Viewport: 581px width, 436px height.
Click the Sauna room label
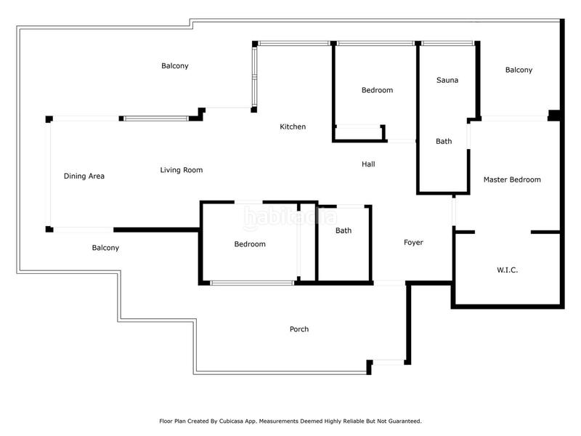click(x=447, y=80)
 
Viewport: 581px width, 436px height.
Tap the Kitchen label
click(x=293, y=126)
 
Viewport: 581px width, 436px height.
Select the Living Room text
click(x=182, y=170)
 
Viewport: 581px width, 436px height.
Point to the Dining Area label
click(x=84, y=176)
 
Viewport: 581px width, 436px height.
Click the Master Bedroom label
click(x=512, y=179)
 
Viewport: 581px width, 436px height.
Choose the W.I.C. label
click(x=507, y=270)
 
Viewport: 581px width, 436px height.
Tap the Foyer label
click(x=413, y=243)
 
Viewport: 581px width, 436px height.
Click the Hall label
click(x=368, y=164)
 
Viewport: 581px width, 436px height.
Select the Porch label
click(x=299, y=329)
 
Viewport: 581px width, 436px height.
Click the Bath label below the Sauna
click(x=444, y=141)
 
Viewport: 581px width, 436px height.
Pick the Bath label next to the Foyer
click(x=344, y=230)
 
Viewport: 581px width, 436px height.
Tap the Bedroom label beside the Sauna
click(x=377, y=90)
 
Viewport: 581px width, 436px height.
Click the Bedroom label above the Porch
click(x=250, y=244)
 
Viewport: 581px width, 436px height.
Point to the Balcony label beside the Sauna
click(x=519, y=70)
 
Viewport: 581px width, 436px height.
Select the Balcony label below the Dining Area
click(x=105, y=248)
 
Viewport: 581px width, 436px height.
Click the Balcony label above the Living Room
click(x=175, y=66)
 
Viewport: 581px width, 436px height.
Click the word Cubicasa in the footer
click(x=232, y=421)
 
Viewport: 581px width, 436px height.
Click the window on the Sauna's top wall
click(x=447, y=44)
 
